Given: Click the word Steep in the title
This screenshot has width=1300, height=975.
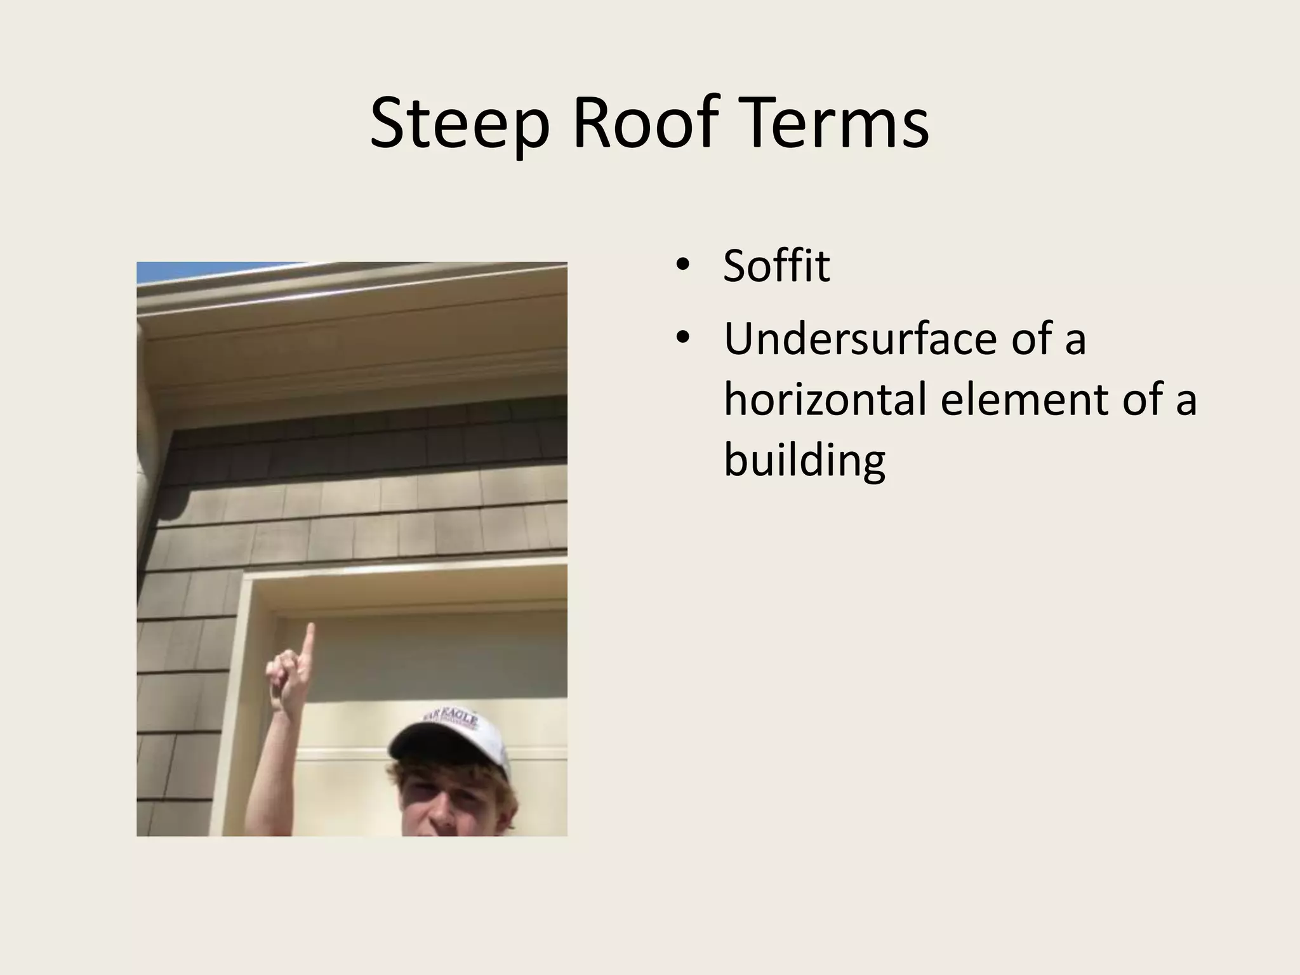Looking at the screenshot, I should click(459, 124).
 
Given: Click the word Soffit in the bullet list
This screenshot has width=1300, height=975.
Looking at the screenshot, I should click(776, 266).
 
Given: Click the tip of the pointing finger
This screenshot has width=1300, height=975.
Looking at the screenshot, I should click(310, 628).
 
